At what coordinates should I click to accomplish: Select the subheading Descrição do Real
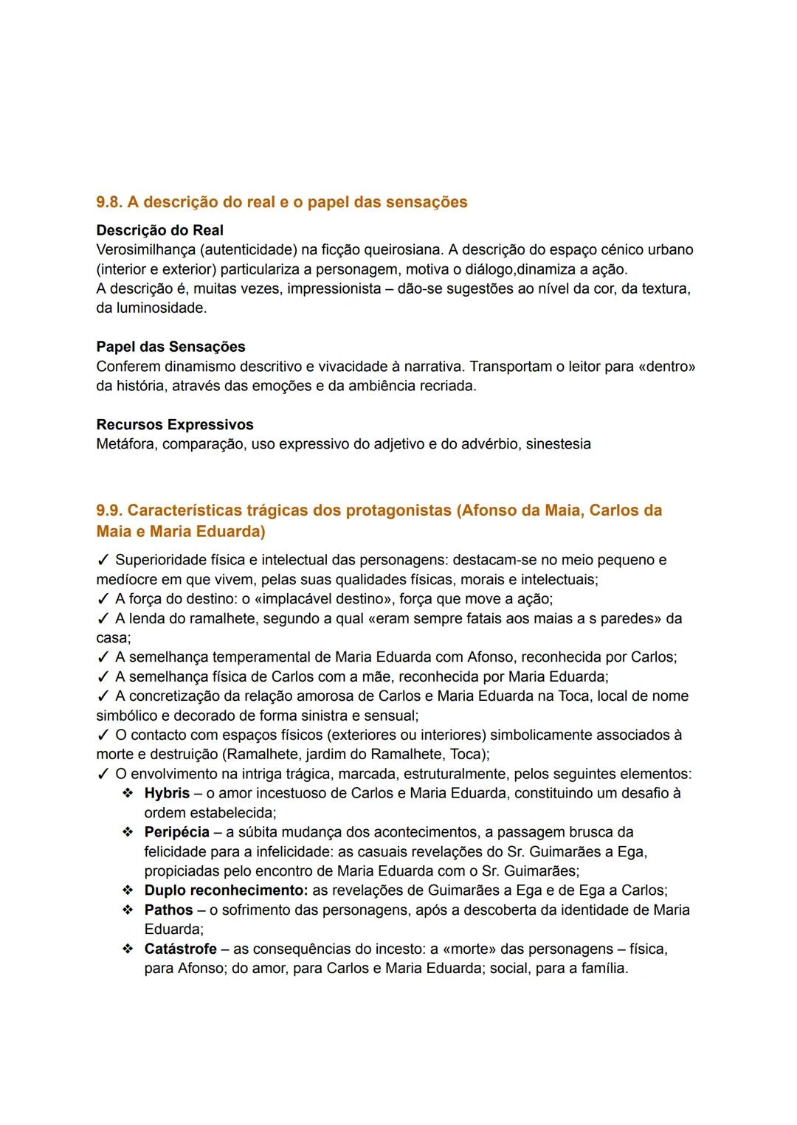point(159,230)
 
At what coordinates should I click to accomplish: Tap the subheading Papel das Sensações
point(170,347)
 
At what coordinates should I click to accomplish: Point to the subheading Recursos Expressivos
point(174,425)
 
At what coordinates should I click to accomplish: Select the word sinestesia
point(558,444)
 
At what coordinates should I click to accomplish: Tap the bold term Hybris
point(167,793)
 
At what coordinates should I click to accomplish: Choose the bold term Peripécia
point(176,832)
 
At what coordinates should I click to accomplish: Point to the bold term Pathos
point(168,910)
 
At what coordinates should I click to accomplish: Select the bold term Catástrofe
point(180,949)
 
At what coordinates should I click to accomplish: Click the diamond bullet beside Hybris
point(128,793)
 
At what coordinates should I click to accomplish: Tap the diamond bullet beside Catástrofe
point(128,949)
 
